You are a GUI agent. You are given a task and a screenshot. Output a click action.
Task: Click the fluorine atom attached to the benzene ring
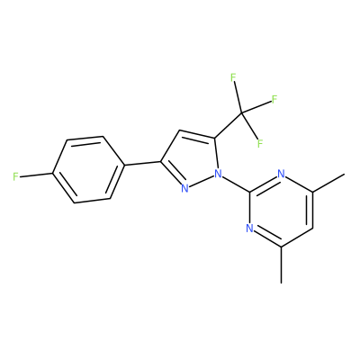tap(16, 176)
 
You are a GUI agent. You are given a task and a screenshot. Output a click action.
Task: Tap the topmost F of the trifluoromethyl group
tap(233, 77)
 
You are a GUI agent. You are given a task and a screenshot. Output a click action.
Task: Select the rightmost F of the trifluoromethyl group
tap(274, 99)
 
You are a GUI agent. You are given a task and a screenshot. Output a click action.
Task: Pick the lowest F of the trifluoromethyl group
tap(260, 144)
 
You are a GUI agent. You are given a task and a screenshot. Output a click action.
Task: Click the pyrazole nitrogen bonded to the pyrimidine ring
tap(218, 173)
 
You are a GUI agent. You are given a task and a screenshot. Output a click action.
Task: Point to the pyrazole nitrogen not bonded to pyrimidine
tap(184, 188)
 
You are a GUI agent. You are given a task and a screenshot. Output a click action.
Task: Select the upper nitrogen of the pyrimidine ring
tap(281, 173)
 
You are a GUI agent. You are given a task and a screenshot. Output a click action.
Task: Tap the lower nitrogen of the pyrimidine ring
tap(249, 228)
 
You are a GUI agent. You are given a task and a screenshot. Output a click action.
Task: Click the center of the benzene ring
tap(89, 169)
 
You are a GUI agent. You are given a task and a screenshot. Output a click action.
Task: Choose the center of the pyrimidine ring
tap(281, 210)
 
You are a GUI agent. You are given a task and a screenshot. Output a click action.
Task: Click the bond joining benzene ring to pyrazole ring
tap(143, 163)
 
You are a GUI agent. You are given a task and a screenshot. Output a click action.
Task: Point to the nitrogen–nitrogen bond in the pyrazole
tap(202, 181)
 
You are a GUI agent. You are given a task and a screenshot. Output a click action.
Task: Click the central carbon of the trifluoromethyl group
tap(242, 113)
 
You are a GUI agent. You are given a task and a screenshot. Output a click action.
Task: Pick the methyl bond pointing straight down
tap(281, 265)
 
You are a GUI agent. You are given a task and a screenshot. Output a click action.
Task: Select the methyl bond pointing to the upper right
tap(328, 183)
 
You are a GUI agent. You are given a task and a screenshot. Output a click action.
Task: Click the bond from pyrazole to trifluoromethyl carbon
tap(229, 126)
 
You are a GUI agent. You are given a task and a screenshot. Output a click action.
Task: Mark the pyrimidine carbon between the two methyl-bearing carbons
tap(313, 229)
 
